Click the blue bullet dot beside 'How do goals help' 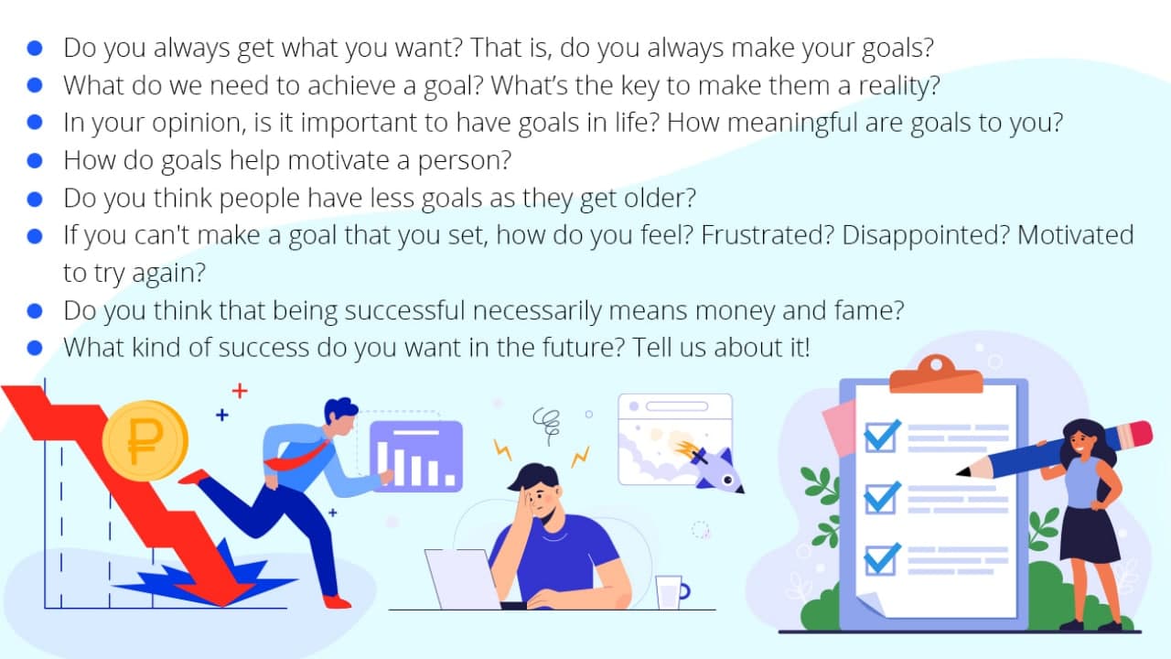[x=35, y=160]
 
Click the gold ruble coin [x=145, y=440]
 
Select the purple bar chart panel [x=416, y=457]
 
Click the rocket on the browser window [x=714, y=468]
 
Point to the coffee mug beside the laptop [x=671, y=592]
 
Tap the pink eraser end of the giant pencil [x=1140, y=435]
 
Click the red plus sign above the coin [x=240, y=391]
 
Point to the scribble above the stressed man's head [x=547, y=425]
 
